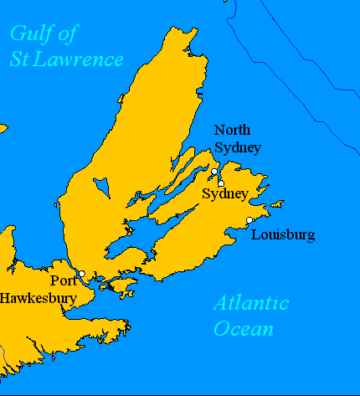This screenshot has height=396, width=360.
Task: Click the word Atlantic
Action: click(x=250, y=303)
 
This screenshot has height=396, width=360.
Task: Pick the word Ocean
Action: click(x=243, y=328)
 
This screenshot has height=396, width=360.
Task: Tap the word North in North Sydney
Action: click(x=233, y=130)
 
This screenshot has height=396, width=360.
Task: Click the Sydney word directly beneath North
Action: click(x=238, y=147)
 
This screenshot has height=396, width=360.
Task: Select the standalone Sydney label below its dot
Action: click(x=225, y=194)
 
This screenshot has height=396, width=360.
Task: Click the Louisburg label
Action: click(x=283, y=234)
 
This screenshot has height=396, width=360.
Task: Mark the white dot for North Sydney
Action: click(x=214, y=172)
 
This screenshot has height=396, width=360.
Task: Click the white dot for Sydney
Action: click(x=221, y=183)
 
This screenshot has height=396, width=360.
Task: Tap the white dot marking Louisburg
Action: click(x=249, y=220)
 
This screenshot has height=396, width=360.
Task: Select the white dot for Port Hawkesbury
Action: click(x=81, y=274)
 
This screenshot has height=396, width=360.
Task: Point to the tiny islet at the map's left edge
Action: click(x=3, y=129)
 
